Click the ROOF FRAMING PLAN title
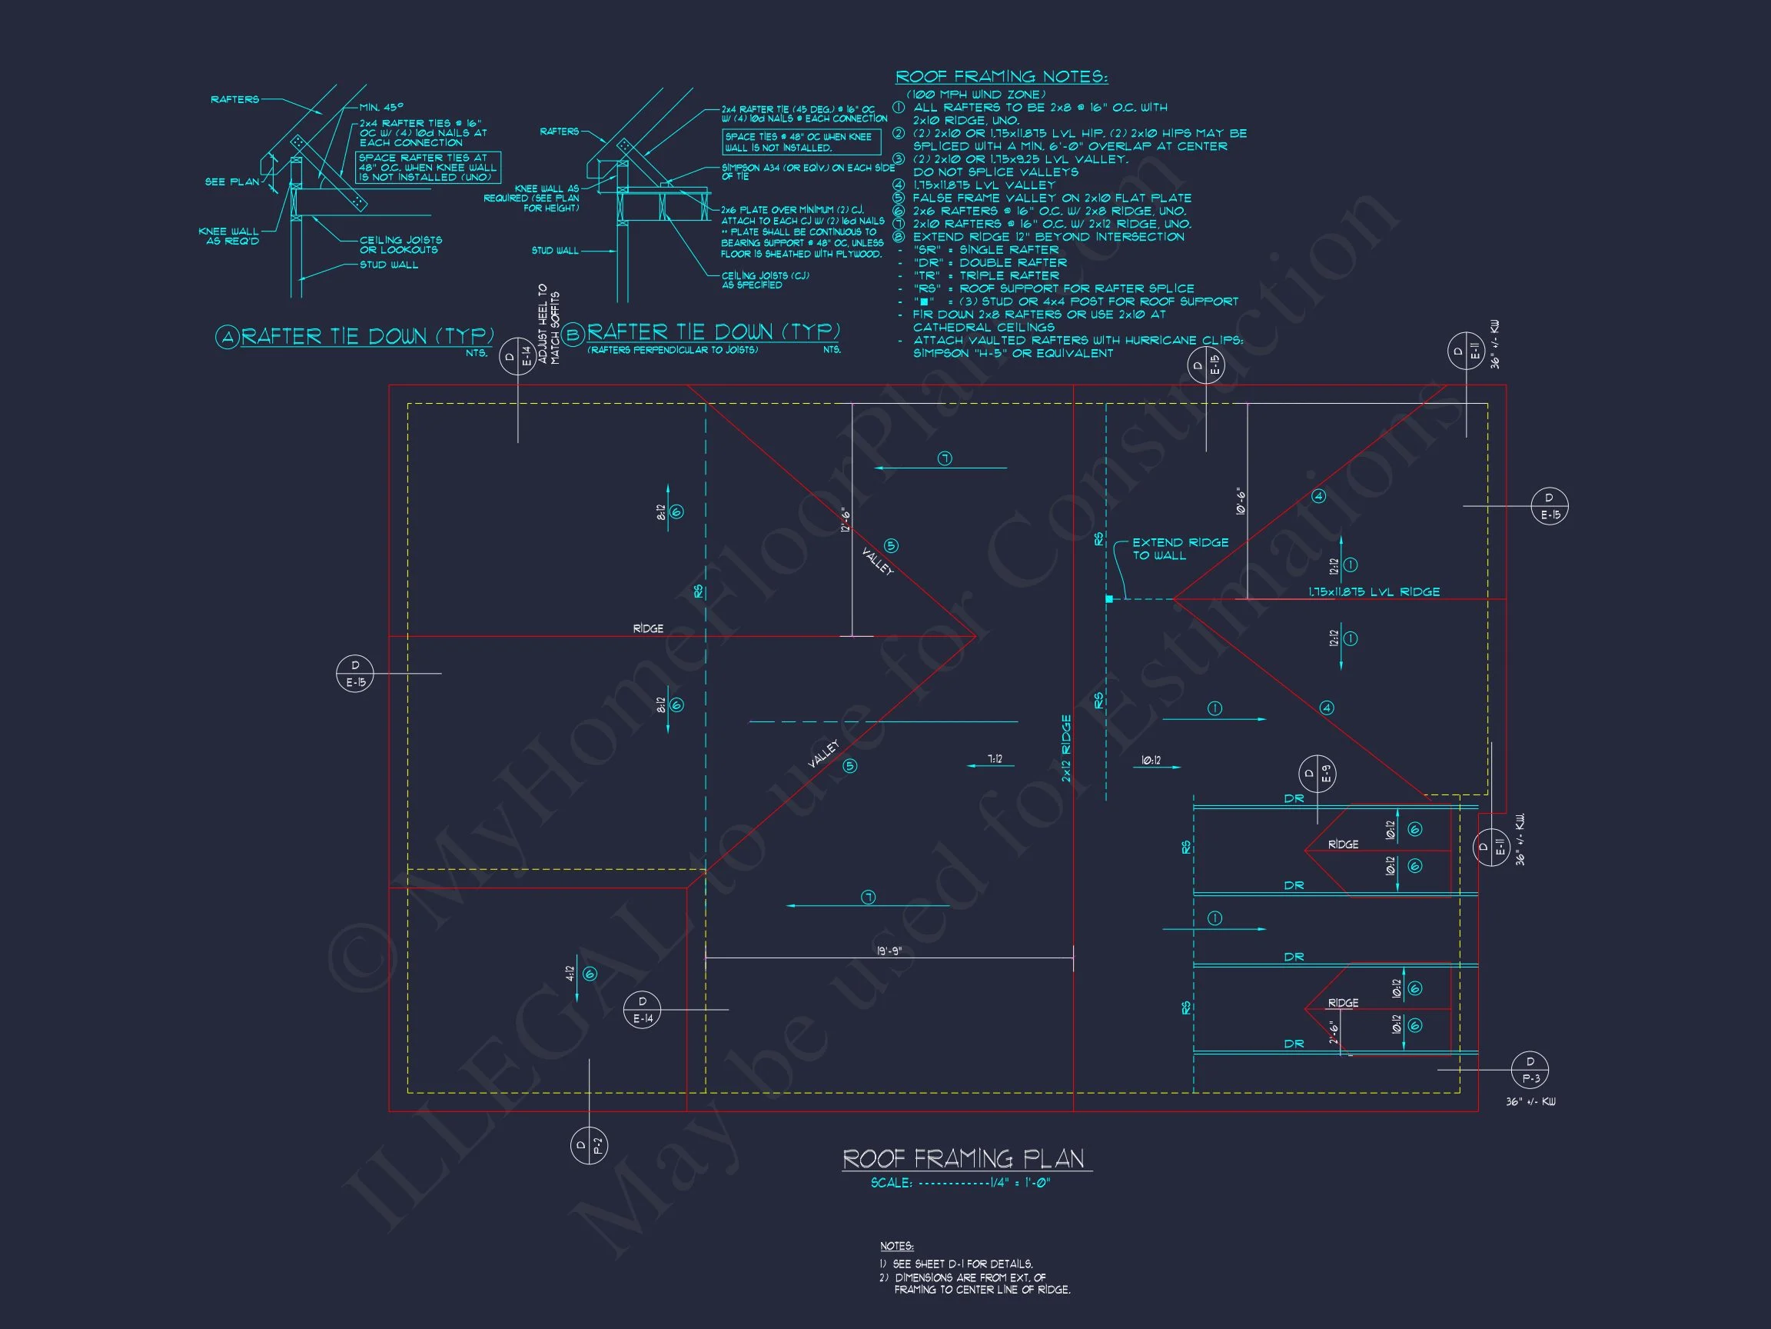[x=966, y=1158]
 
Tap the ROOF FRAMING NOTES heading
[x=1001, y=77]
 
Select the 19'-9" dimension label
[x=889, y=951]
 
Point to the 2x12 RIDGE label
[x=1065, y=748]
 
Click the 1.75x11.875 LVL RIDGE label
[x=1374, y=592]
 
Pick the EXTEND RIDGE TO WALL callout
[x=1179, y=548]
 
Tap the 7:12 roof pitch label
[x=995, y=758]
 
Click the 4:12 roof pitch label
[x=570, y=974]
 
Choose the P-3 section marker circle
[x=1529, y=1070]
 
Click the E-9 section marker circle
[x=1317, y=774]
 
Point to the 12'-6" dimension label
[x=846, y=520]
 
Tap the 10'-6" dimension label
[x=1240, y=500]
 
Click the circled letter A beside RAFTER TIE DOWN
[x=228, y=338]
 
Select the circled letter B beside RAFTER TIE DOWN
[x=573, y=334]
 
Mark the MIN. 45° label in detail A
[x=381, y=107]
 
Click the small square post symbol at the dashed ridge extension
[x=1109, y=598]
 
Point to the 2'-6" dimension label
[x=1334, y=1032]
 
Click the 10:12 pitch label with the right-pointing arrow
[x=1151, y=760]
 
